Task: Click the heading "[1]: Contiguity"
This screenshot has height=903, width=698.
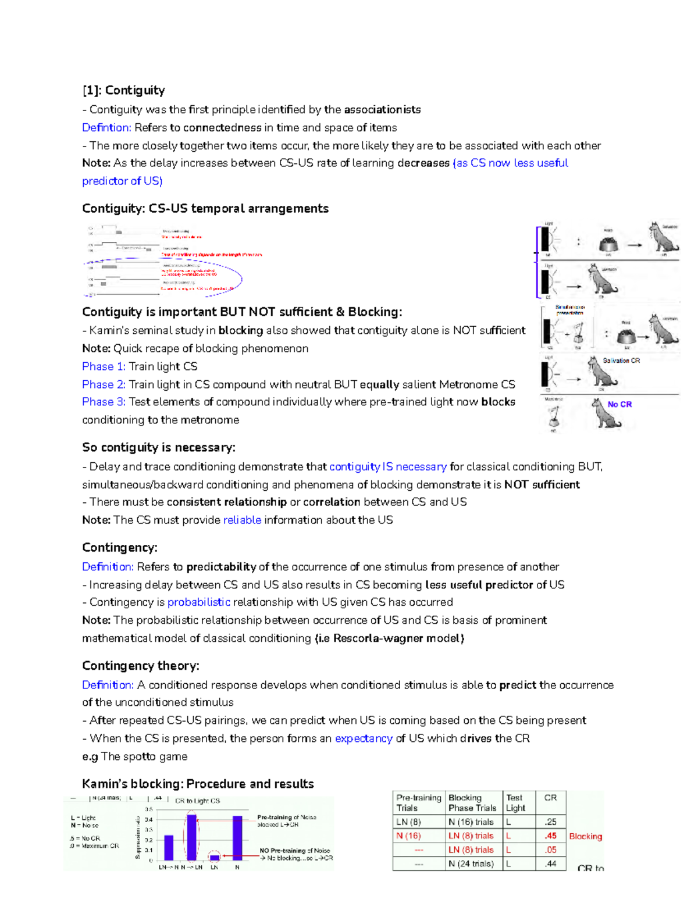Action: (123, 90)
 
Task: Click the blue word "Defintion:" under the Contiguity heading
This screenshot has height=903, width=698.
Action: (106, 127)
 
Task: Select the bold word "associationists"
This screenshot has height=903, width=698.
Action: (382, 109)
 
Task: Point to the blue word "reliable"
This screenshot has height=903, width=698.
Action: (242, 520)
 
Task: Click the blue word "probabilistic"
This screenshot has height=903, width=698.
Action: (199, 602)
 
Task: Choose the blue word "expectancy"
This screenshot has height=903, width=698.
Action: (364, 738)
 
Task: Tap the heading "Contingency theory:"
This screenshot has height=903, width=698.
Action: (141, 666)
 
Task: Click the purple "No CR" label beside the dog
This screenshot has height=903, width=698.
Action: (619, 404)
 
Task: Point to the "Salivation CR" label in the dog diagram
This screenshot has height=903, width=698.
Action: (621, 361)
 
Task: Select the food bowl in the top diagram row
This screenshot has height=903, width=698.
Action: (608, 244)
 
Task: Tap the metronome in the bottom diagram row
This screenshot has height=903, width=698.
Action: (553, 416)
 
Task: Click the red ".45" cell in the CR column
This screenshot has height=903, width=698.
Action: (550, 836)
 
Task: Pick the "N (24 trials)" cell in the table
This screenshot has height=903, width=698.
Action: (471, 863)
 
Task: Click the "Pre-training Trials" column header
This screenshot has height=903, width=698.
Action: (418, 802)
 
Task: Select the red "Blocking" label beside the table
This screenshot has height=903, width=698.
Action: (585, 836)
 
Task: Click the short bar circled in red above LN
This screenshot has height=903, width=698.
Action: (215, 857)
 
